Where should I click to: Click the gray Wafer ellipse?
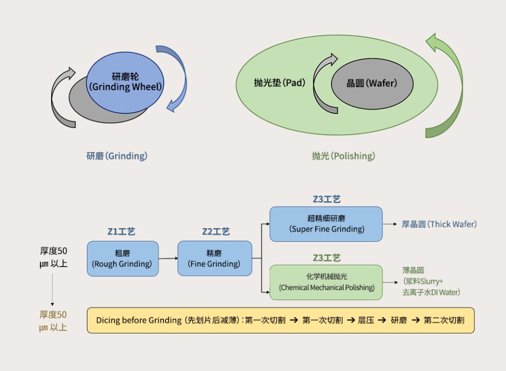(x=372, y=84)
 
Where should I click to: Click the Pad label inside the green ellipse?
(x=279, y=83)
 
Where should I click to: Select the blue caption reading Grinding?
(x=117, y=156)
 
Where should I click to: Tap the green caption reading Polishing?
(x=343, y=156)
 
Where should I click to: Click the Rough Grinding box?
(x=122, y=258)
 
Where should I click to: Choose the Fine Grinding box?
(x=215, y=258)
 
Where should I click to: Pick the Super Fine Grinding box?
(x=326, y=224)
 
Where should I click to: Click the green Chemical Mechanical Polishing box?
(x=326, y=282)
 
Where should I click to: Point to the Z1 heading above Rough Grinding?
(x=121, y=232)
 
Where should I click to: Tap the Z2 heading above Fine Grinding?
(x=216, y=232)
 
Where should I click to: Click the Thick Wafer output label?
(x=439, y=224)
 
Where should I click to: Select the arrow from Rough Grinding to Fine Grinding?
(x=168, y=258)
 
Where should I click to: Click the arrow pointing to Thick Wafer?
(x=390, y=224)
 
